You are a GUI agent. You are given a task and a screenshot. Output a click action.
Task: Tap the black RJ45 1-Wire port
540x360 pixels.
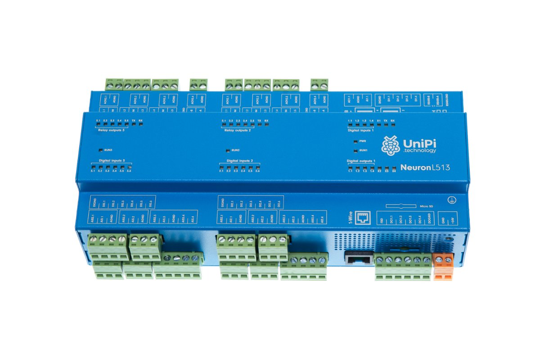tap(359, 258)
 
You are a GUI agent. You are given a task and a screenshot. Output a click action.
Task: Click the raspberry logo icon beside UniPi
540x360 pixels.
tap(390, 145)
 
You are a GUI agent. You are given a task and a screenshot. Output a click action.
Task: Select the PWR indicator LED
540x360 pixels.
tap(356, 141)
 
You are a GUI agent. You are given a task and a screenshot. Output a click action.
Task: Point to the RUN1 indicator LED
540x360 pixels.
tap(356, 150)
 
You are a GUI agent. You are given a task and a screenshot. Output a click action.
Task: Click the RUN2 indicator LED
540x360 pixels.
tap(228, 150)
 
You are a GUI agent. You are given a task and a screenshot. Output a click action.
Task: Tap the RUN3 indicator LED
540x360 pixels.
tap(100, 149)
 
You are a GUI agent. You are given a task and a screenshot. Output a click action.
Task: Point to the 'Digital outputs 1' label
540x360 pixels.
tap(361, 161)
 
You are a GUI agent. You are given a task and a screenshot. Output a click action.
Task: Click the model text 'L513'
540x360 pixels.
tap(441, 168)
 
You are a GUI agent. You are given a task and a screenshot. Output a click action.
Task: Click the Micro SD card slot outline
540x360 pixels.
tap(401, 206)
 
